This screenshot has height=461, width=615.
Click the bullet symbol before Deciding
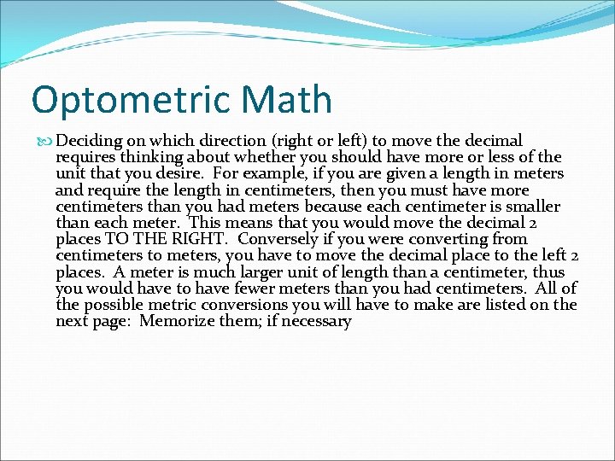(x=46, y=141)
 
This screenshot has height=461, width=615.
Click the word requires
(x=85, y=157)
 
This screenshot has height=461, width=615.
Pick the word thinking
(x=151, y=157)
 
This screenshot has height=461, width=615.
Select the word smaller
(x=527, y=207)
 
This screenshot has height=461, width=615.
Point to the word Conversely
(x=277, y=239)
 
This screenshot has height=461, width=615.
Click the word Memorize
(x=176, y=322)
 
